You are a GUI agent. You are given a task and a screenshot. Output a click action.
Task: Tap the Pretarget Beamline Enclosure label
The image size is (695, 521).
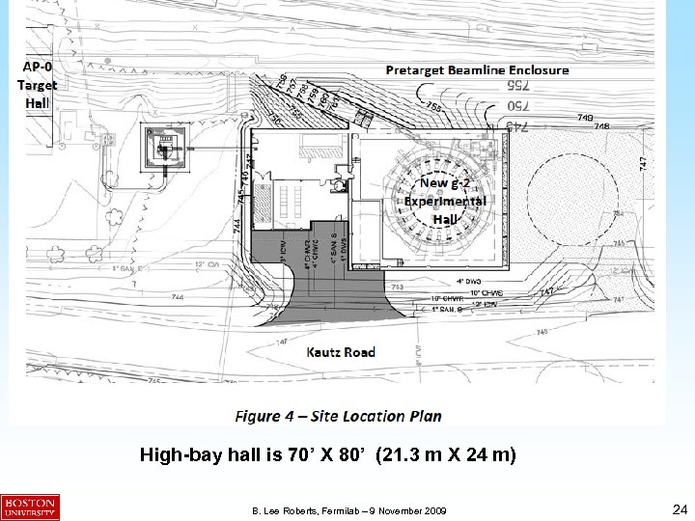pyautogui.click(x=477, y=69)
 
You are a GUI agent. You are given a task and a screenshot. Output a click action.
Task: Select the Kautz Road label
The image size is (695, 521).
pyautogui.click(x=339, y=351)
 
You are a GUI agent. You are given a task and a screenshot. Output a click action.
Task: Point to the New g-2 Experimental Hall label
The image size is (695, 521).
pyautogui.click(x=445, y=201)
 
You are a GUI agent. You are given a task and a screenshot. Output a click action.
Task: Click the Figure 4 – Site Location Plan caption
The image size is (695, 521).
pyautogui.click(x=339, y=416)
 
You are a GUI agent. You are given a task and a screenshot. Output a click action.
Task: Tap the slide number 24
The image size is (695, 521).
pyautogui.click(x=678, y=507)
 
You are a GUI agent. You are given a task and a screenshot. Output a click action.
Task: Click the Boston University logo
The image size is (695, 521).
pyautogui.click(x=30, y=507)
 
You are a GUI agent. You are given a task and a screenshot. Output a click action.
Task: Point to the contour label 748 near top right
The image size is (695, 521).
pyautogui.click(x=601, y=126)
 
